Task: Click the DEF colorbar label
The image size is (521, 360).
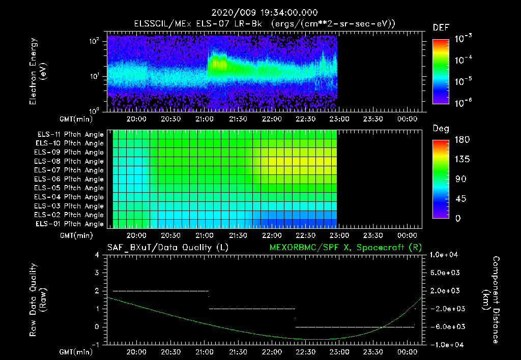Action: click(x=441, y=27)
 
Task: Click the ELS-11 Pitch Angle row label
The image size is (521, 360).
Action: click(x=70, y=134)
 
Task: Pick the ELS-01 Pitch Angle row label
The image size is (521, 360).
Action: click(x=70, y=224)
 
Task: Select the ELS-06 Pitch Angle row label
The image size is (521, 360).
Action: click(x=70, y=179)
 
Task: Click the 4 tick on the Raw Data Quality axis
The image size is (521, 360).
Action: click(x=98, y=255)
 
